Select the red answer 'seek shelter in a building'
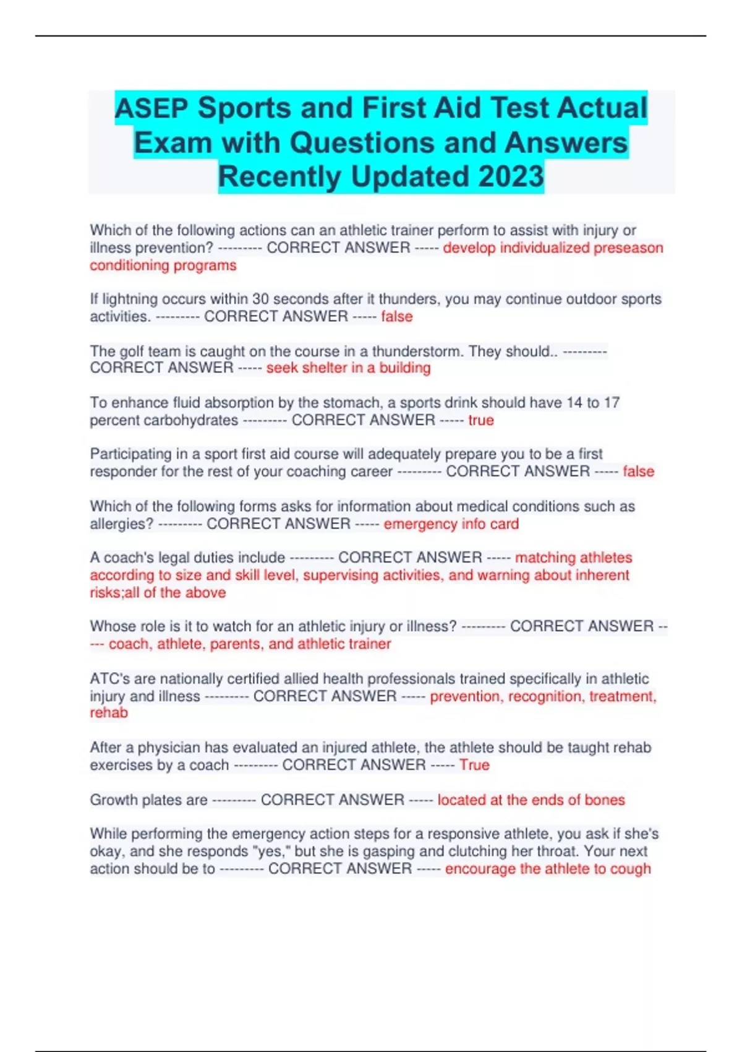point(348,368)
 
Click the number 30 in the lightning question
point(260,299)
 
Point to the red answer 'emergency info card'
point(451,524)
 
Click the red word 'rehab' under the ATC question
point(109,713)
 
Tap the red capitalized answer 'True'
point(474,765)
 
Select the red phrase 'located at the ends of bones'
point(531,800)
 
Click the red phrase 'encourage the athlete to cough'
point(548,869)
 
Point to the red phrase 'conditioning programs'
point(163,265)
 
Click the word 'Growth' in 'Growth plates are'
point(114,800)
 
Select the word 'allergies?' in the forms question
point(121,524)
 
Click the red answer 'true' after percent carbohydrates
point(481,420)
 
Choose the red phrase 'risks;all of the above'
point(158,593)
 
